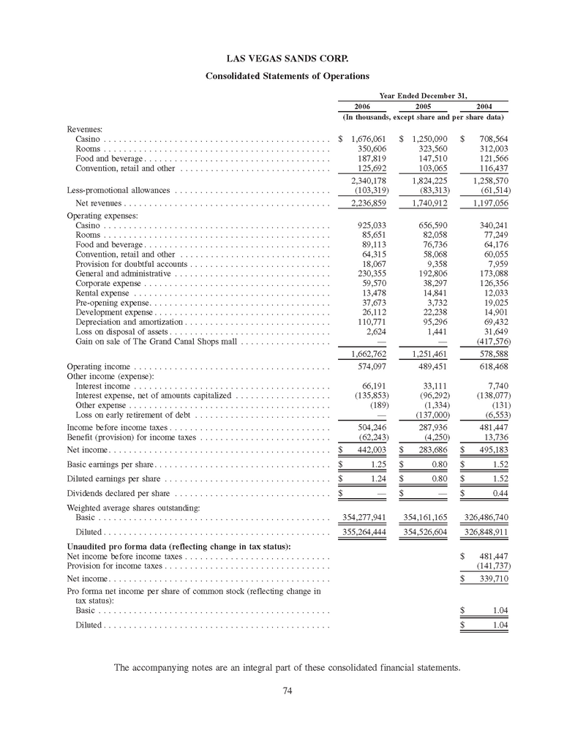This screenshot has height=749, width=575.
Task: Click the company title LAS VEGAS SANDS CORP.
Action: coord(287,56)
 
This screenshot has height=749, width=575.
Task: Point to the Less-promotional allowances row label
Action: coord(118,189)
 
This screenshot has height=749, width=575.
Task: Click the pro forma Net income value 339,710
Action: coord(492,579)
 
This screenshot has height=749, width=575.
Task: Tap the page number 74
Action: coord(287,693)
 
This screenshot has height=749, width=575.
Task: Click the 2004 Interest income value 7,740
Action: coord(495,385)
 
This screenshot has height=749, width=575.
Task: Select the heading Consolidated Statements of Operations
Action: coord(287,76)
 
